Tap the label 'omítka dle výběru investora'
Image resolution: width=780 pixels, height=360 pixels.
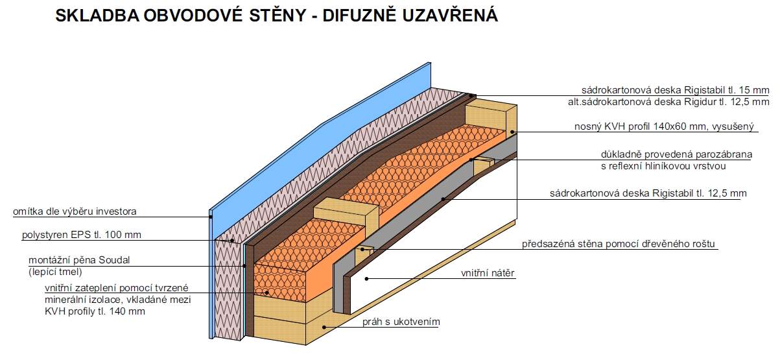click(75, 211)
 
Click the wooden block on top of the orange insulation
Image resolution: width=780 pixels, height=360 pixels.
click(346, 215)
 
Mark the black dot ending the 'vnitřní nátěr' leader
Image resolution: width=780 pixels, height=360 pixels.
click(367, 279)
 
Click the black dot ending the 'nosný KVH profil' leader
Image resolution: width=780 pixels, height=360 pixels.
click(512, 132)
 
